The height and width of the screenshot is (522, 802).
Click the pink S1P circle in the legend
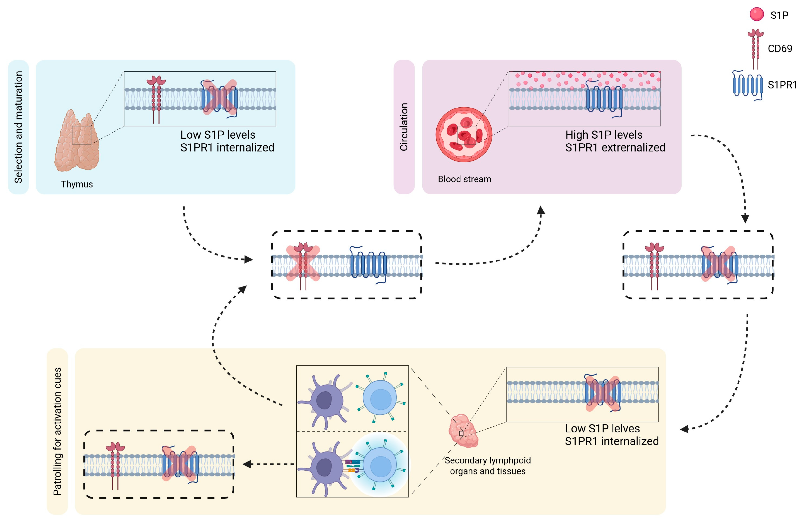[x=757, y=14]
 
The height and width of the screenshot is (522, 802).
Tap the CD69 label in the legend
[x=780, y=48]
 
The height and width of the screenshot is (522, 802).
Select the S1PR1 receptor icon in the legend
[x=748, y=85]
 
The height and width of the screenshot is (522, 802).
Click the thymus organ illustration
[x=77, y=141]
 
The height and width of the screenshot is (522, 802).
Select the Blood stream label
[x=464, y=179]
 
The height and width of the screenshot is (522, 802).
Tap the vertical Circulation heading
[x=404, y=127]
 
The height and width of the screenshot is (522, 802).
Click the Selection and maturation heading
[x=18, y=127]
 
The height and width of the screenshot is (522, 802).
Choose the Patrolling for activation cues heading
[x=57, y=431]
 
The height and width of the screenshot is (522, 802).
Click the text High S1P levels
[x=604, y=135]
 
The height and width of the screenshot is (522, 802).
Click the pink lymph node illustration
[x=463, y=431]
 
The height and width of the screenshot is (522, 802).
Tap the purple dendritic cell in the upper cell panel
[x=324, y=401]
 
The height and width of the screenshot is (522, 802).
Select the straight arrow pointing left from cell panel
[x=269, y=464]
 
